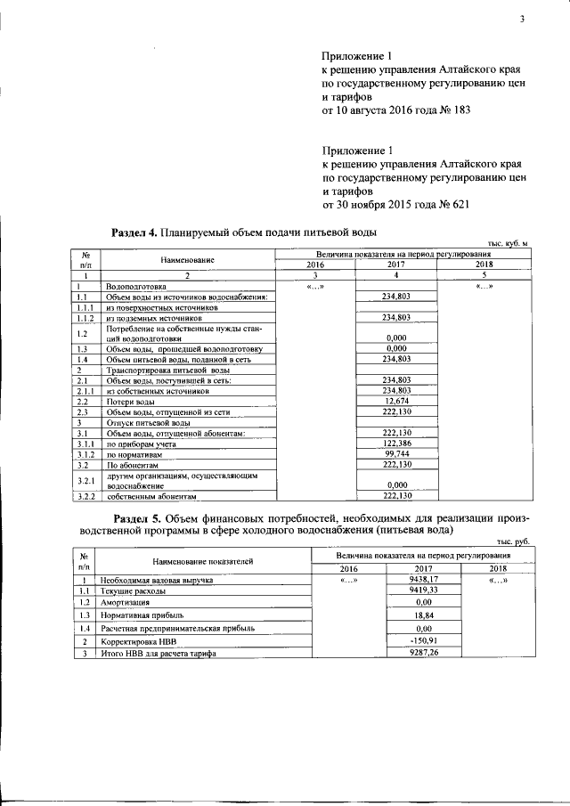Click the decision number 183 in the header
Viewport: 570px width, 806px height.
460,111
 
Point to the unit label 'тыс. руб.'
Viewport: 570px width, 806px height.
514,541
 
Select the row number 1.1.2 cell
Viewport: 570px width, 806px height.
85,316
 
